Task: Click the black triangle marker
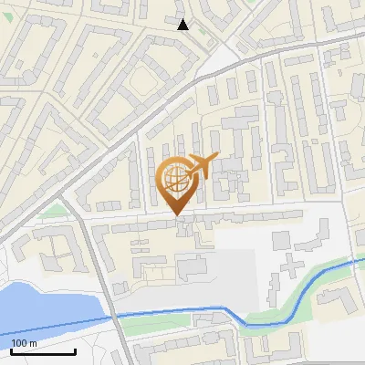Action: pyautogui.click(x=183, y=24)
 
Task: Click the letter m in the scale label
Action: pyautogui.click(x=32, y=343)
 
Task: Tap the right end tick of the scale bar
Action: pyautogui.click(x=75, y=350)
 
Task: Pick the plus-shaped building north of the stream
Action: pyautogui.click(x=290, y=265)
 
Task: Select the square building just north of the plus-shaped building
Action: pyautogui.click(x=282, y=239)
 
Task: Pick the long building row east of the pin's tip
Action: pyautogui.click(x=246, y=216)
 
